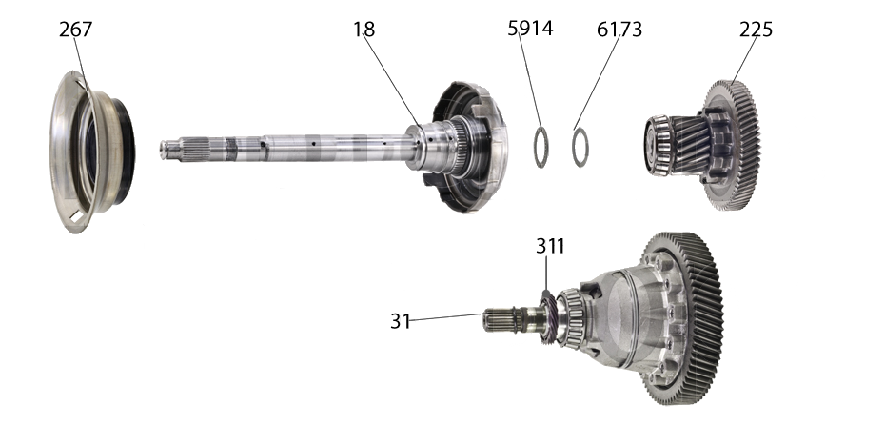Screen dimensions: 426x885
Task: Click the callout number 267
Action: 75,30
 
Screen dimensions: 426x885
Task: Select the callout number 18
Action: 364,30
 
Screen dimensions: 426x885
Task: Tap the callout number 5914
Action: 530,30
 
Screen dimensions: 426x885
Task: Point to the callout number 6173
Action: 619,30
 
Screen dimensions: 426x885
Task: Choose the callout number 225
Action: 756,30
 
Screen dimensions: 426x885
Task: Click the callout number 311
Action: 550,246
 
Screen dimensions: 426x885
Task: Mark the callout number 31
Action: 400,321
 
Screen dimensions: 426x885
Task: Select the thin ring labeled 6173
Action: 580,146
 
